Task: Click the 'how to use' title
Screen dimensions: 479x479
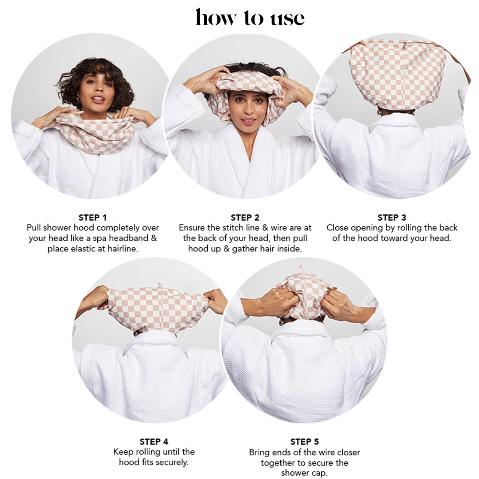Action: coord(250,18)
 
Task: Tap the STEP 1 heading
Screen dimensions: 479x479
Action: coord(92,217)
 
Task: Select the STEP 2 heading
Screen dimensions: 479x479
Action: coord(245,217)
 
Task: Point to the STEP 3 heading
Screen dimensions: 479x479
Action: coord(391,217)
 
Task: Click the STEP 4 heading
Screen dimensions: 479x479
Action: coord(153,442)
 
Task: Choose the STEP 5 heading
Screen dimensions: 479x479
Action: coord(304,442)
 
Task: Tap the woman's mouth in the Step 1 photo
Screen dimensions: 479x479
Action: coord(97,100)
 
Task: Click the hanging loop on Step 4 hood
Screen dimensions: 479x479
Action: coord(159,286)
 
